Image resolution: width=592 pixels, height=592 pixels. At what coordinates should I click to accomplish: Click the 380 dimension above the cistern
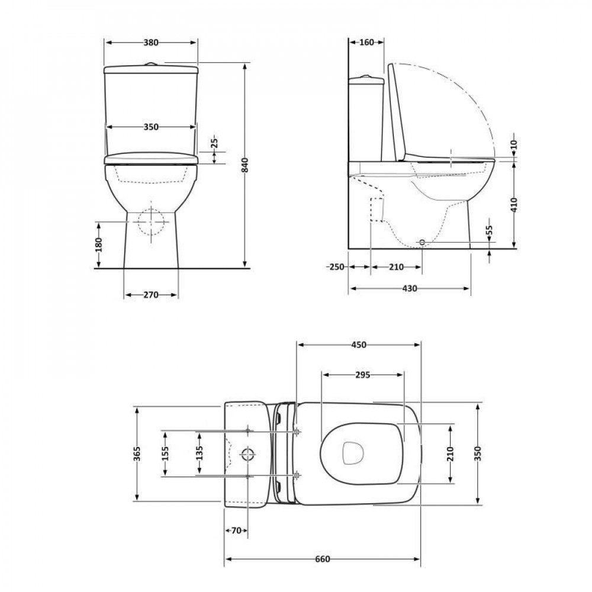click(151, 43)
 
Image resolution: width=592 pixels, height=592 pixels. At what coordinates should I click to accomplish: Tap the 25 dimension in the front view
click(215, 143)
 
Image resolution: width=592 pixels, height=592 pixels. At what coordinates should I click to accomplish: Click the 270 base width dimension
click(150, 295)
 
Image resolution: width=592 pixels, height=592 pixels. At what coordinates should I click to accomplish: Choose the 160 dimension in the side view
click(367, 43)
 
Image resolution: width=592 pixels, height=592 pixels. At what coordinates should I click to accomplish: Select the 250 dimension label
click(335, 267)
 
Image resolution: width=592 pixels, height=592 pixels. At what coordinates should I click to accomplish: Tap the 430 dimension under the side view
click(410, 289)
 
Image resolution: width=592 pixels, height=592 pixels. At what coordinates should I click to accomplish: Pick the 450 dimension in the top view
click(358, 345)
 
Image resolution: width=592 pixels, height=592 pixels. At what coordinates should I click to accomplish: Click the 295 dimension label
click(362, 375)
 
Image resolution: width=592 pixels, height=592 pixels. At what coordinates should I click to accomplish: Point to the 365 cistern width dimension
click(137, 453)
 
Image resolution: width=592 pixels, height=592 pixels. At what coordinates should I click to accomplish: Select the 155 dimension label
click(165, 453)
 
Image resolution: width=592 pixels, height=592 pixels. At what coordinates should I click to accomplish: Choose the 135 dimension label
click(200, 453)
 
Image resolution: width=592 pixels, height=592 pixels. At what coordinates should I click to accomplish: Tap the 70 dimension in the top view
click(236, 530)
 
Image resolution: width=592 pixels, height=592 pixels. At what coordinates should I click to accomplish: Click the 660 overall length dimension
click(322, 559)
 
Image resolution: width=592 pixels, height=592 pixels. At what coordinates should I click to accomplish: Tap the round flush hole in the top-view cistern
click(248, 454)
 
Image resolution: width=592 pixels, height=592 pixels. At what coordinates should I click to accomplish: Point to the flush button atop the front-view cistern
click(152, 63)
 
